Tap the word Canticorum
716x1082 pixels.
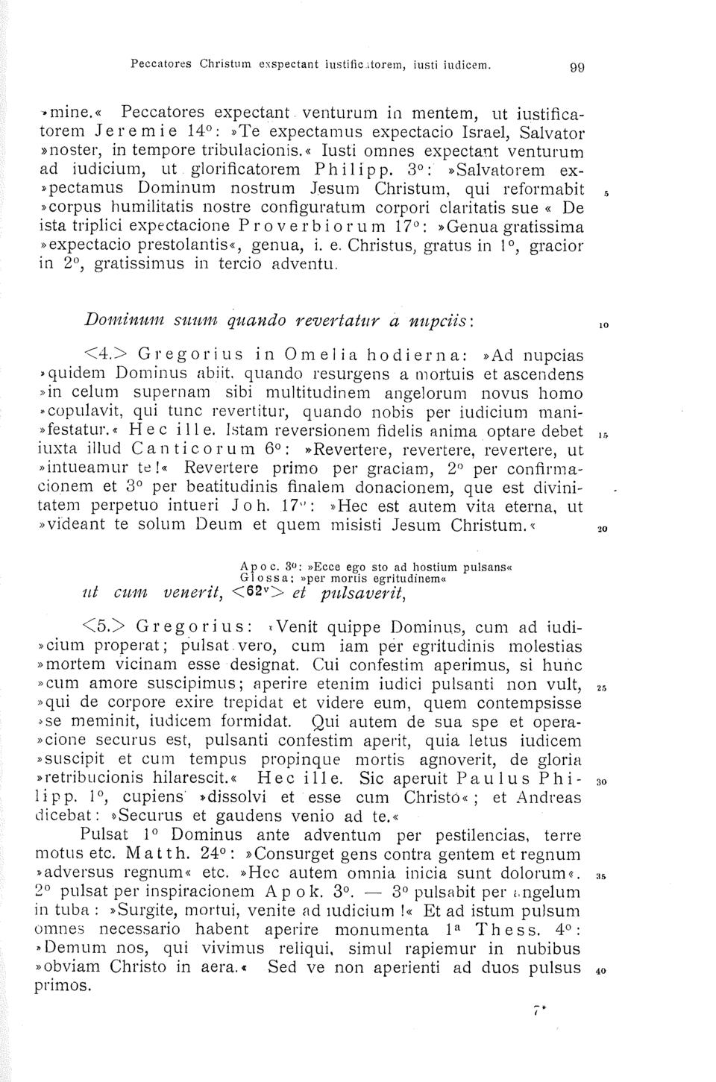coord(185,450)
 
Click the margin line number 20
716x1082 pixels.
coord(602,530)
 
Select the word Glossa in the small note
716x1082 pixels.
coord(263,576)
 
